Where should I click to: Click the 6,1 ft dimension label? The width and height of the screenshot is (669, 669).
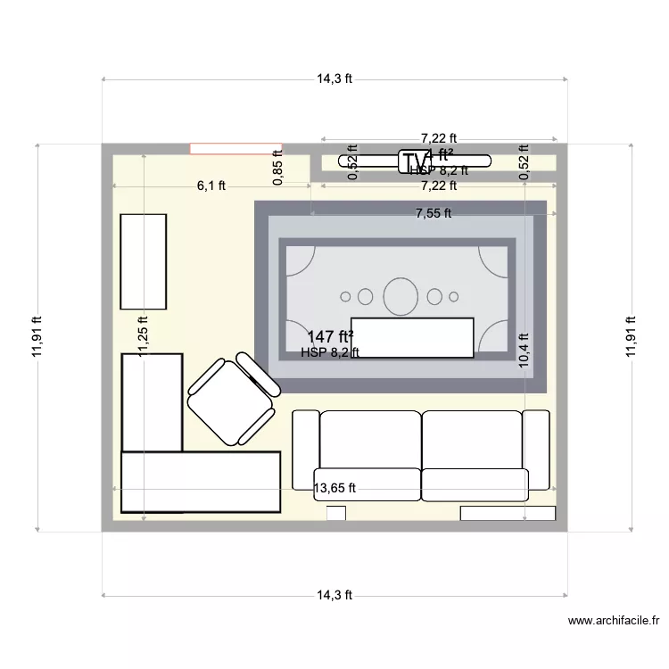(211, 186)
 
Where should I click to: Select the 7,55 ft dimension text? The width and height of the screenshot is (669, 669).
(434, 213)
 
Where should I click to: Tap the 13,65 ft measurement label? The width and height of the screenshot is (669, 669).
(334, 488)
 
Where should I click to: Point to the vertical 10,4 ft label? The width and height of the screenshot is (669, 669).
(524, 348)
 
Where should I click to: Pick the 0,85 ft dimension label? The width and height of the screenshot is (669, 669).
(278, 166)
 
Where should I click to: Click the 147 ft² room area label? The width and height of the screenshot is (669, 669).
(330, 336)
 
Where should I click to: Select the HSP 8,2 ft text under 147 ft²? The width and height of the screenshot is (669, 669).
(330, 352)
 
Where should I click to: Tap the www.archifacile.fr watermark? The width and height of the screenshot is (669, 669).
(615, 621)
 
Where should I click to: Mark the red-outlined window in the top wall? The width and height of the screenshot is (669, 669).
(235, 148)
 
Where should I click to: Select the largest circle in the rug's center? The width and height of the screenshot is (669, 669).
(400, 296)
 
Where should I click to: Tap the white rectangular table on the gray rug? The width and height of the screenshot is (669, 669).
(412, 337)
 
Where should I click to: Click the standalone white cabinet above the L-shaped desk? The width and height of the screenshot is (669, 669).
(144, 261)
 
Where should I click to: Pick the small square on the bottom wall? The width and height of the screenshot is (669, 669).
(336, 513)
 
